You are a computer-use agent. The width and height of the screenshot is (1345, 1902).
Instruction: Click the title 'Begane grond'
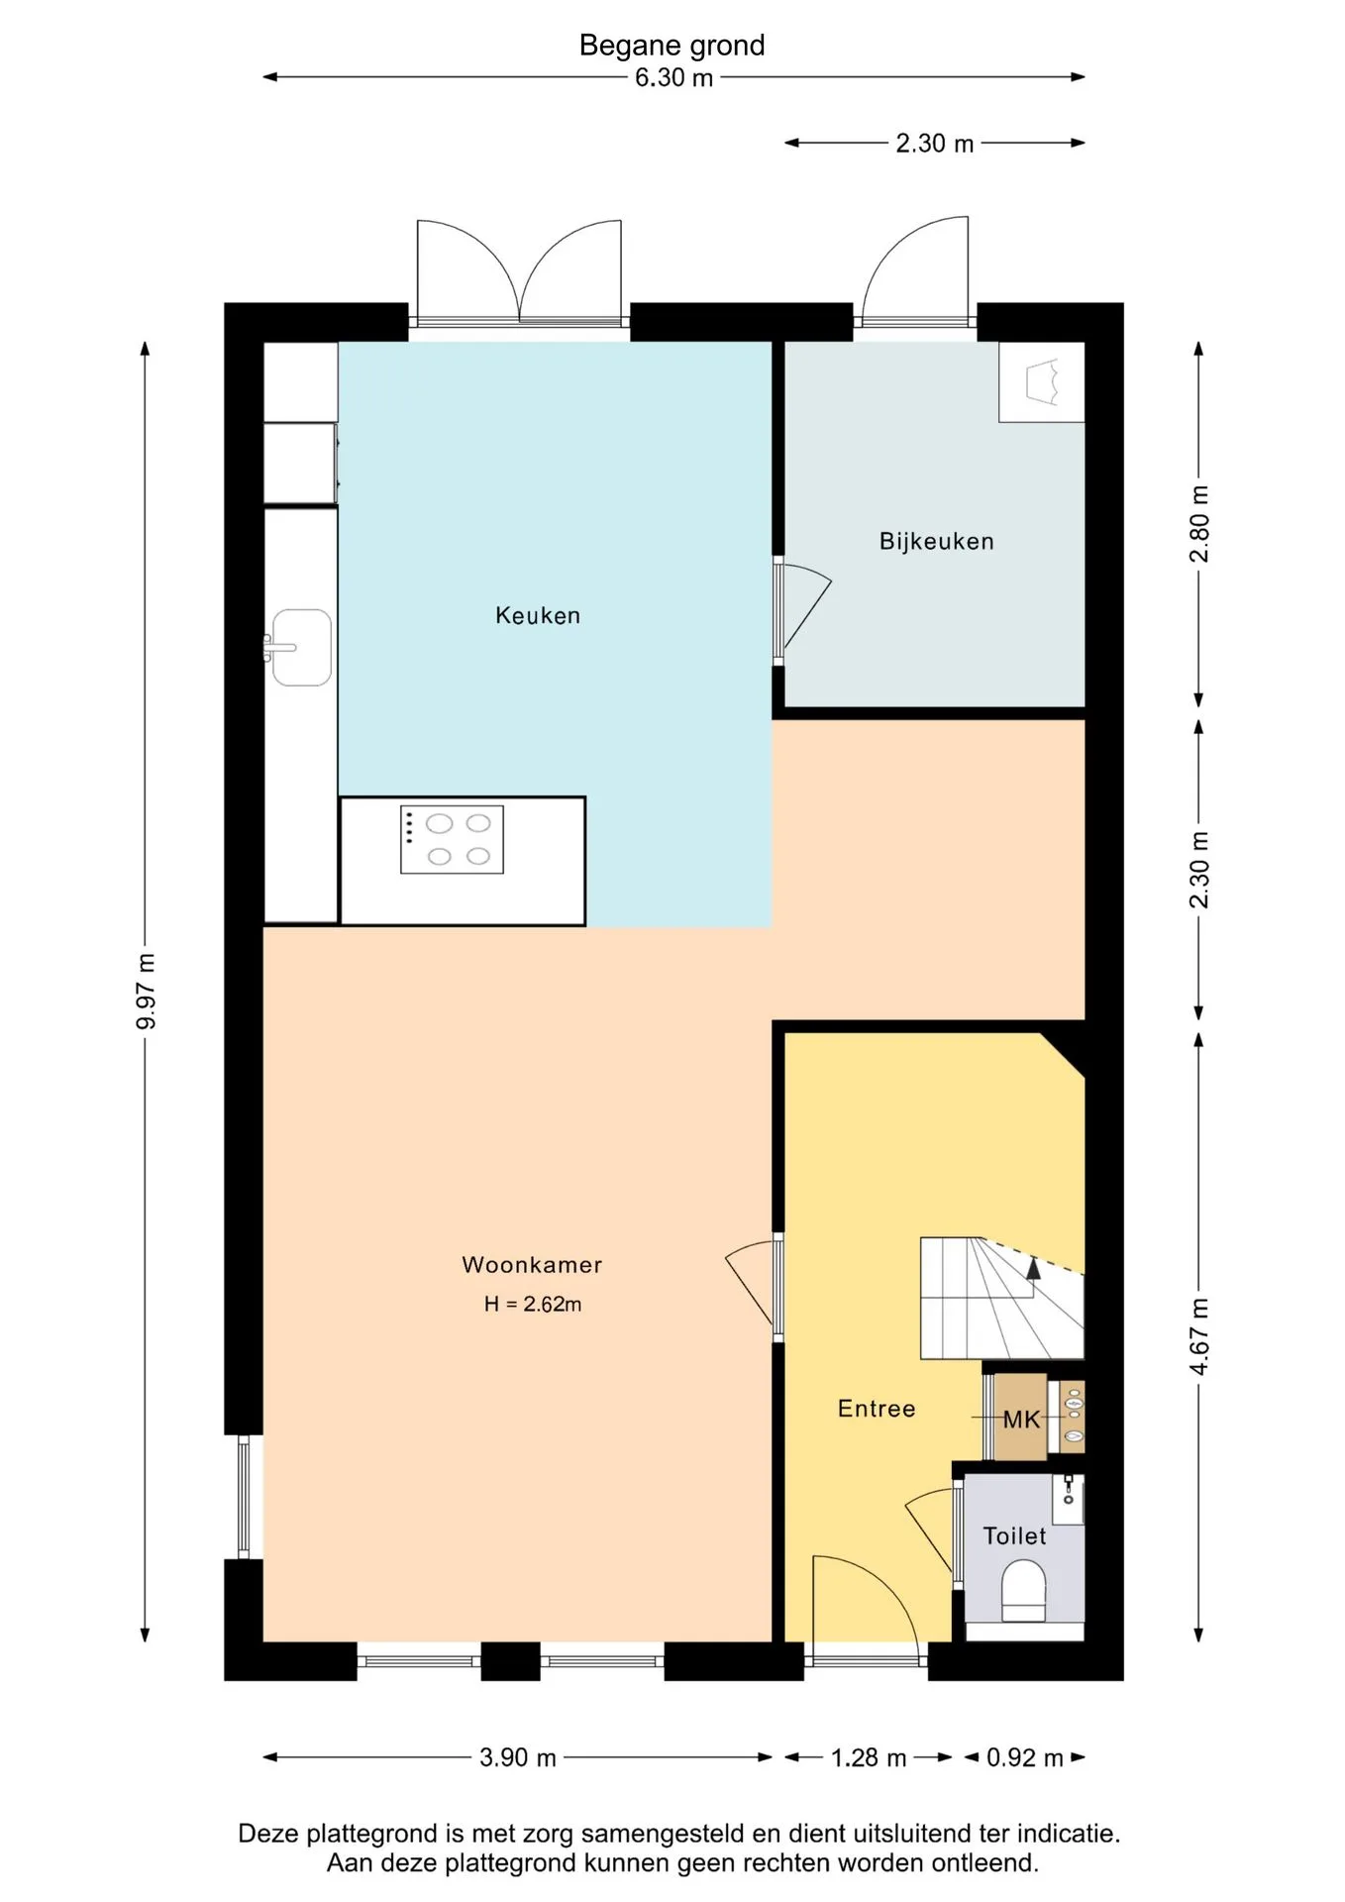672,46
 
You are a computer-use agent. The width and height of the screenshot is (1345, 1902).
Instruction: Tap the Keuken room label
538,615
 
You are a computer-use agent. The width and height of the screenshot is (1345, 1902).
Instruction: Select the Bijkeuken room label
937,541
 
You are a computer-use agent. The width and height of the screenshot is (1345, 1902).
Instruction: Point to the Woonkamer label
532,1264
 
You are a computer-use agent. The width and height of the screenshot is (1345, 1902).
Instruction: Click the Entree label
877,1408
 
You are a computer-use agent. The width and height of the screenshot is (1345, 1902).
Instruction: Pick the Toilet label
1014,1535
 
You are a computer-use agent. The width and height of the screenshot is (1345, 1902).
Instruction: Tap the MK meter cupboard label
1021,1420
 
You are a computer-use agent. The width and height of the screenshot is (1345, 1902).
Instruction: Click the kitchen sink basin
301,647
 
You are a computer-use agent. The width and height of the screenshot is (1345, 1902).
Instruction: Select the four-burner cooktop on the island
452,839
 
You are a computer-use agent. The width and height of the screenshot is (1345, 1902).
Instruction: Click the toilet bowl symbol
1024,1591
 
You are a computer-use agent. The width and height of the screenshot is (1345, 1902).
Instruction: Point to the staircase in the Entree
1002,1298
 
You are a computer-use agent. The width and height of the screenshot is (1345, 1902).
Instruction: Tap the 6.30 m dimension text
674,77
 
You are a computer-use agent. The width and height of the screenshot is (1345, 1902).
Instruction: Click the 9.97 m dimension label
146,991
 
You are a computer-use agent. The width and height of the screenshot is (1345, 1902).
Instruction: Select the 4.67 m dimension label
1199,1336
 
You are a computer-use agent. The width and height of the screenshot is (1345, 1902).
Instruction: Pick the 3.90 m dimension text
518,1757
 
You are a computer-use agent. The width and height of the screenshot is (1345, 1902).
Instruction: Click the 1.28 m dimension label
869,1757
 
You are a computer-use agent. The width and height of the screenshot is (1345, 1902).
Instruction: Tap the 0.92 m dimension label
1025,1757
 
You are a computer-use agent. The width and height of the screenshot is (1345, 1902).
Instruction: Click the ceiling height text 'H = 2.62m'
533,1304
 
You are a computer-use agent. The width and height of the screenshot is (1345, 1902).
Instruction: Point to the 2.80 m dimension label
1199,524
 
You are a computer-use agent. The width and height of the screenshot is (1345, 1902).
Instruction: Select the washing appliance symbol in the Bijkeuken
1042,382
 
